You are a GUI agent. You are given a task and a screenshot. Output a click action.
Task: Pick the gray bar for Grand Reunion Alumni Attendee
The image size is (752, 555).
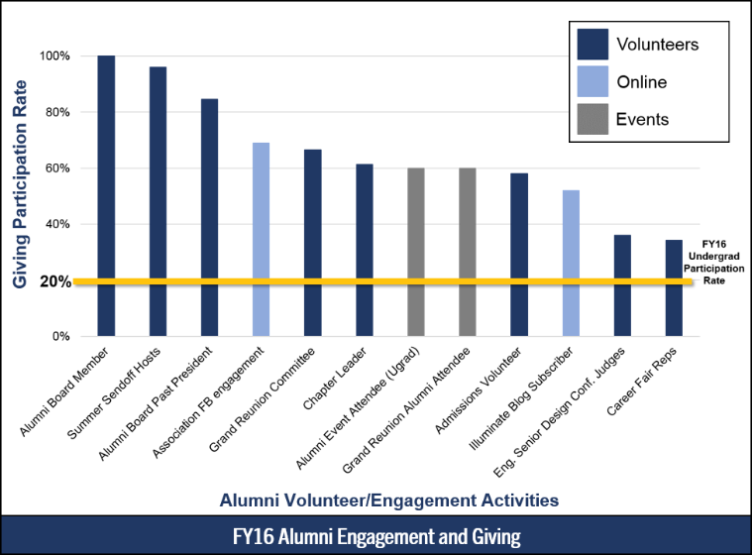point(467,252)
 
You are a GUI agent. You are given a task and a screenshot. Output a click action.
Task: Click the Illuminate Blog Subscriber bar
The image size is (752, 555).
point(571,263)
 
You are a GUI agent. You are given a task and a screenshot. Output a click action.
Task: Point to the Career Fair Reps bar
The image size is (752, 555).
point(674,287)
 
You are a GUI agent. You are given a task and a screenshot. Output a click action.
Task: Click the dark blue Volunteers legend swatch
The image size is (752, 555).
point(591,46)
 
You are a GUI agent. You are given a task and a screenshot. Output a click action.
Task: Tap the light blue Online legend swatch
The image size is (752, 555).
point(591,82)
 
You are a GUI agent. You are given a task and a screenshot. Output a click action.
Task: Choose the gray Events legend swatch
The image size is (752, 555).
point(591,119)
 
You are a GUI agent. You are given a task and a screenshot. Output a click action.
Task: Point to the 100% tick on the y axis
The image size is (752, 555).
point(54,56)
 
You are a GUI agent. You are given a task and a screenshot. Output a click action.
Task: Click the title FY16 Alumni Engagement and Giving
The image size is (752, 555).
point(376,537)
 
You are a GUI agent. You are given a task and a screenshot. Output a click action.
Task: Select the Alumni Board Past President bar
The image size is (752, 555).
point(209,217)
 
